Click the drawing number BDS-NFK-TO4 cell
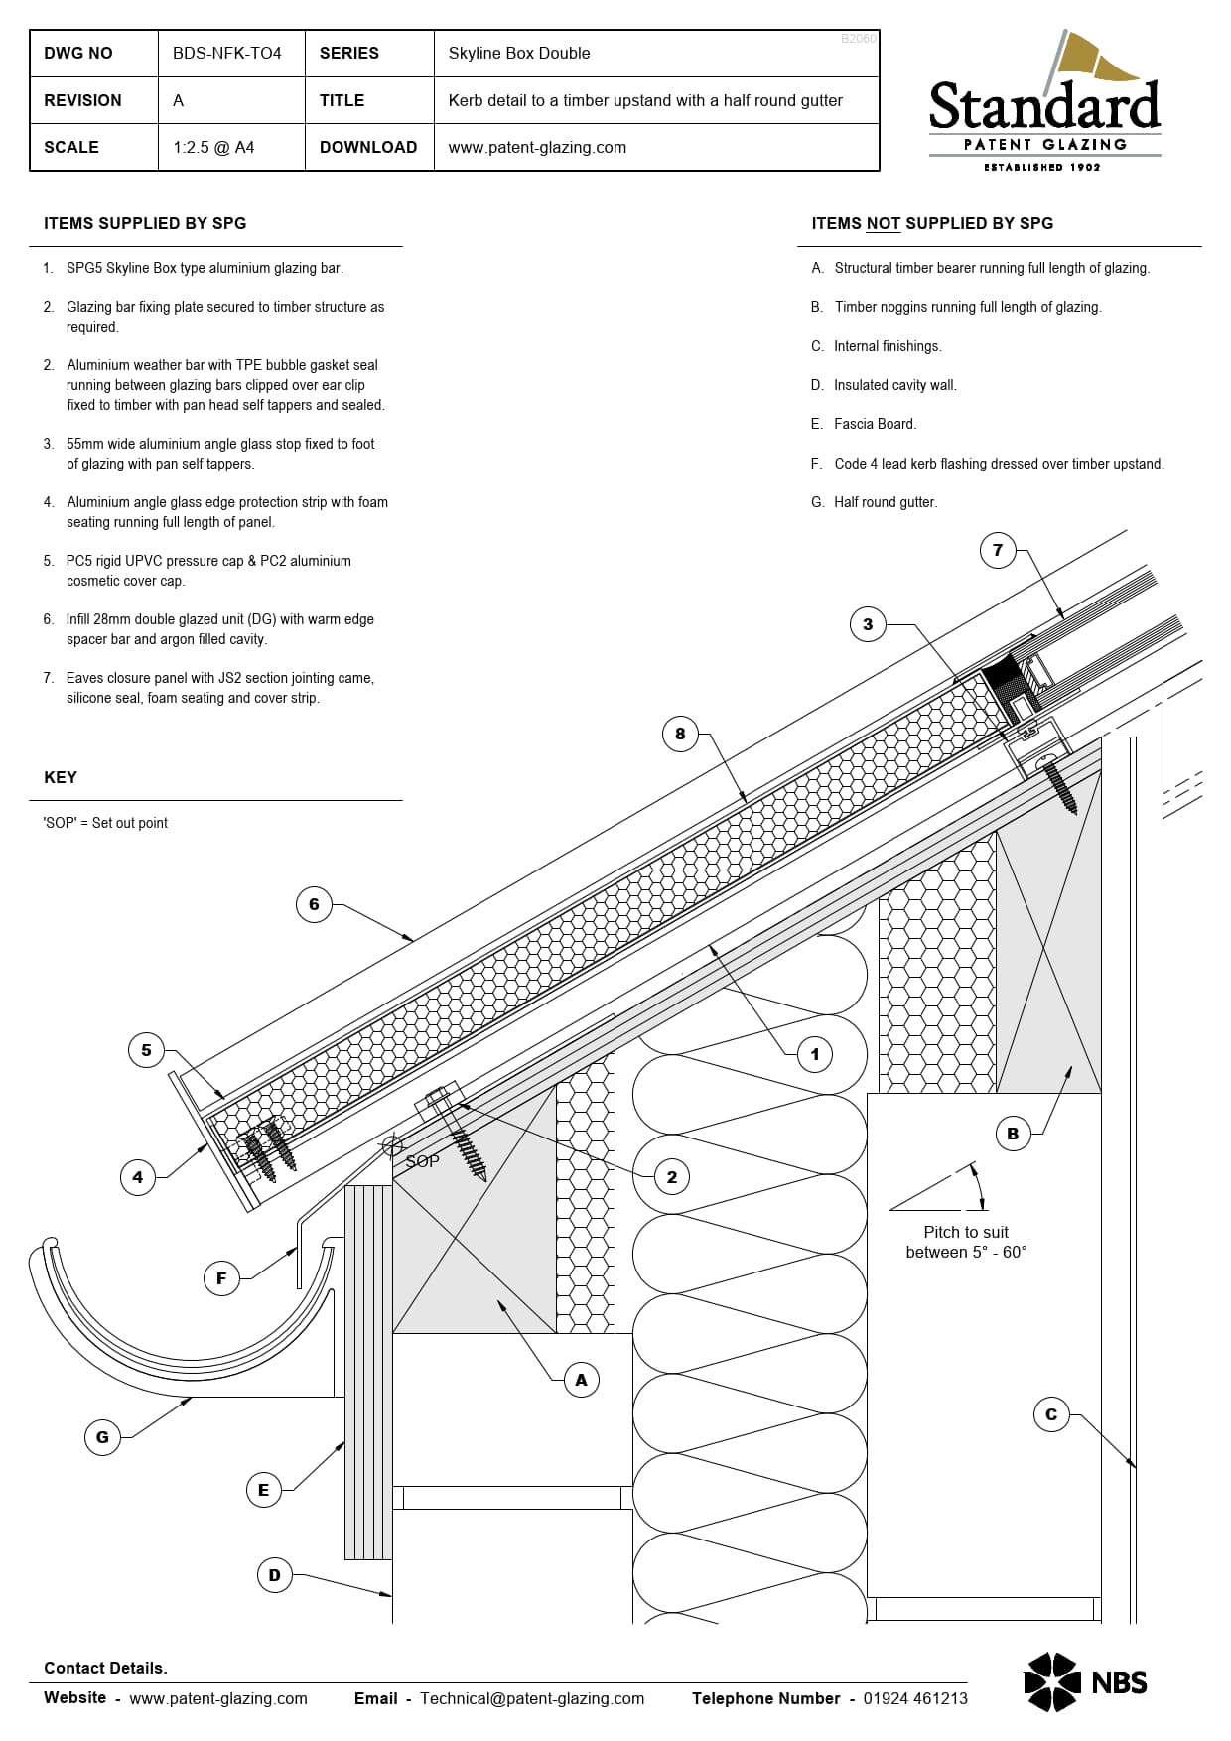227,53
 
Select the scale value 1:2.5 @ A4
213,147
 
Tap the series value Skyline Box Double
518,53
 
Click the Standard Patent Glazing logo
1044,104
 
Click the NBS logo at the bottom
1085,1681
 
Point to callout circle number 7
998,550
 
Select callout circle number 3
868,624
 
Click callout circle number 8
680,735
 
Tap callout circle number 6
314,904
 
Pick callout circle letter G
102,1437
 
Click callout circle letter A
581,1380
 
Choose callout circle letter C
1051,1414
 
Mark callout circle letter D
275,1575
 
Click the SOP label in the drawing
422,1161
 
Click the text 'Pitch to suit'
965,1232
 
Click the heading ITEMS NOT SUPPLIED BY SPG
932,223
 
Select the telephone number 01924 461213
914,1698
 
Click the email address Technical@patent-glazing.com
531,1698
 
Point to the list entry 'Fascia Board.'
875,424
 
